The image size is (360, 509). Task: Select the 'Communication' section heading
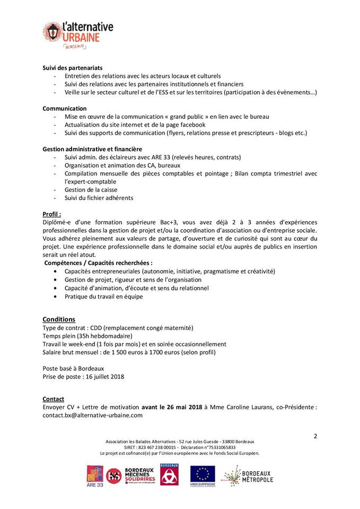pos(65,108)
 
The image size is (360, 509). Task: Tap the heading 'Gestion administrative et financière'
pos(92,149)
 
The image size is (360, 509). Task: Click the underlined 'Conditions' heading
pos(59,319)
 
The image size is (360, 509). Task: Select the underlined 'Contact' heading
pos(53,399)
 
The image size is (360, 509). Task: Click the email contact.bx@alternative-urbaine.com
pos(92,415)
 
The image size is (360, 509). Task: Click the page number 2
pos(315,436)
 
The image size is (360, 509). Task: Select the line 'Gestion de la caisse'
pos(91,190)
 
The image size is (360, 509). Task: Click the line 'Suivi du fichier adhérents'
pos(99,198)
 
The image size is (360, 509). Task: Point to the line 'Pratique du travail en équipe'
pos(103,296)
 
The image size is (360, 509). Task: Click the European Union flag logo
pos(203,475)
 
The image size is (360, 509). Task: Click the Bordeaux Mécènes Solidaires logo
pos(133,476)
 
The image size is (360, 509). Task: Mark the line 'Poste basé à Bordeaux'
pos(73,368)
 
